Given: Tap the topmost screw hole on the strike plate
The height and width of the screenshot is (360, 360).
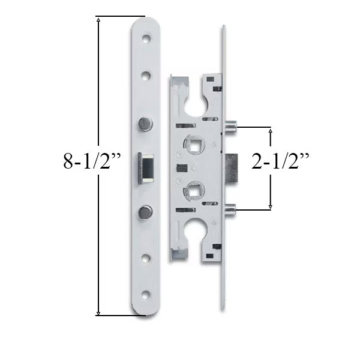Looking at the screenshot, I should [x=146, y=37].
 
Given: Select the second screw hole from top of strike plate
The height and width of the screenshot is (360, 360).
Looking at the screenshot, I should [x=146, y=76].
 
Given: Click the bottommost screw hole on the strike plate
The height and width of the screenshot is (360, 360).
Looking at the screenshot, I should [x=146, y=295].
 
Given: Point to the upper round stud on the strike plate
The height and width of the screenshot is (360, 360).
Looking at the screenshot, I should [x=145, y=124].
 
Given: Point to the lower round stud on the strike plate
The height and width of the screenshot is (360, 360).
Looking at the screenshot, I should [x=145, y=211].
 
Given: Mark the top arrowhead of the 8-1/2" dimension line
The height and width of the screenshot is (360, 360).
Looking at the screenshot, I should [x=98, y=20].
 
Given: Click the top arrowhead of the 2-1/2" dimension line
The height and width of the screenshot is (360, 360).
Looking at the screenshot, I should [x=270, y=130].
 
